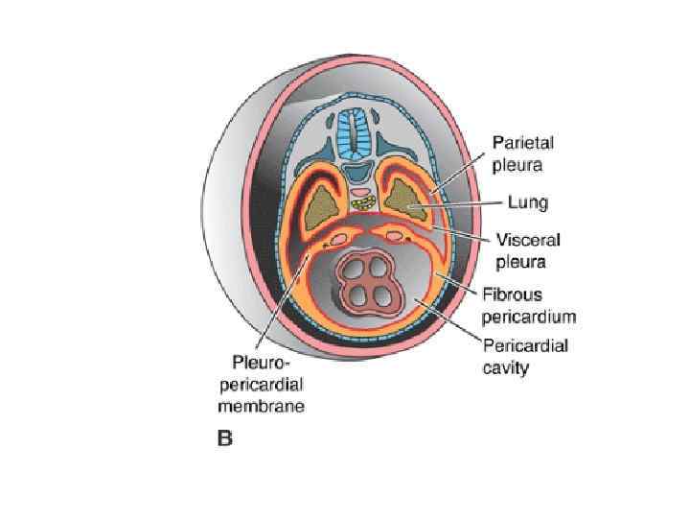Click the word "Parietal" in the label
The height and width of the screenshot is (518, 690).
pyautogui.click(x=523, y=142)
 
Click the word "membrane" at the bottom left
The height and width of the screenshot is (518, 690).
pyautogui.click(x=267, y=405)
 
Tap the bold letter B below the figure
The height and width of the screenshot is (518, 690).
pyautogui.click(x=224, y=439)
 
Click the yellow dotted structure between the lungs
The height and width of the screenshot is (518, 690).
pyautogui.click(x=364, y=204)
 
